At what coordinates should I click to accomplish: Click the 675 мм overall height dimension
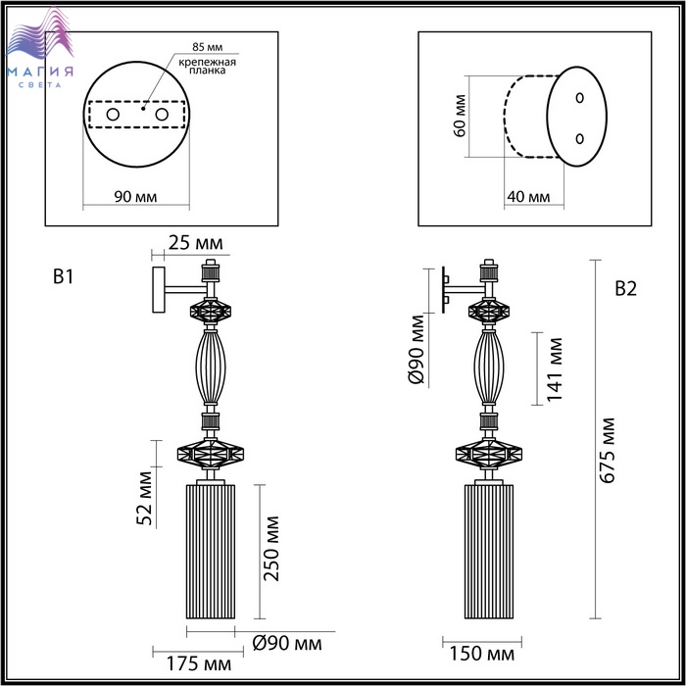[607, 451]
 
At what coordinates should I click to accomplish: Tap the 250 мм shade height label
[271, 549]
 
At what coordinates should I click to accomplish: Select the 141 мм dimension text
[555, 369]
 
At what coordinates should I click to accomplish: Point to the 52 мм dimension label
[144, 498]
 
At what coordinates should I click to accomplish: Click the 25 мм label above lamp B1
[196, 243]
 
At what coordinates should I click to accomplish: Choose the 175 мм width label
[199, 664]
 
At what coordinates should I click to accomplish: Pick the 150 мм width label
[482, 654]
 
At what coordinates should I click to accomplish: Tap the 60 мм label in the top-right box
[460, 116]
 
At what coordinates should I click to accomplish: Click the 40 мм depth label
[528, 197]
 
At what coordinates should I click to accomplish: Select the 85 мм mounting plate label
[208, 47]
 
